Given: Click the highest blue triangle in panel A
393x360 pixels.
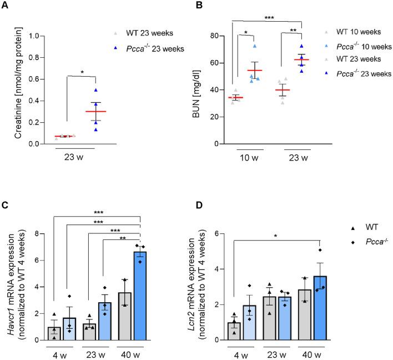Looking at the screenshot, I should coord(96,90).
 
